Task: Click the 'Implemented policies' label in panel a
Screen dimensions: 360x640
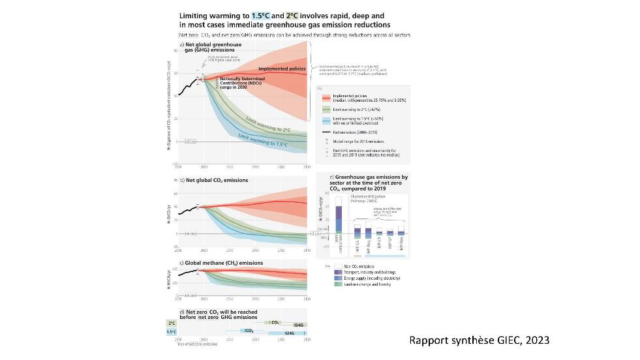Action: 281,68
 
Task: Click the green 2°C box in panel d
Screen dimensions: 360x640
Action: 172,323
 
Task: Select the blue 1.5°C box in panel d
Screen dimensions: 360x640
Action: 172,331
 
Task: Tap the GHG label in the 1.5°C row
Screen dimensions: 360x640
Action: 290,333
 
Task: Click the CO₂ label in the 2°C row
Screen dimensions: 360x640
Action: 275,323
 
